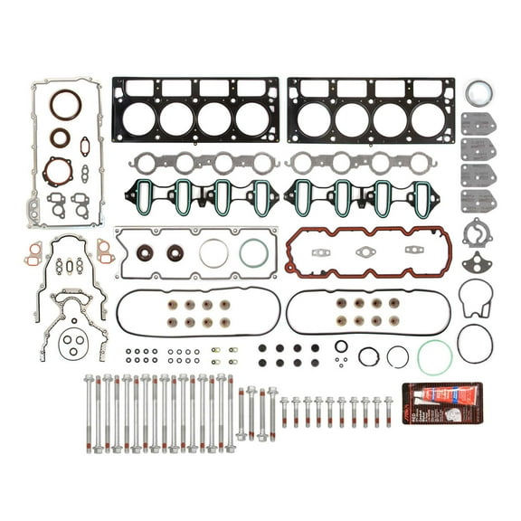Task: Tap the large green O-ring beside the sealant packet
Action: coord(435,357)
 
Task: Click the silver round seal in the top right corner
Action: coord(479,93)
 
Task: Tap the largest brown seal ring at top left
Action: coord(65,105)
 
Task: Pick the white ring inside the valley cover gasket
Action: coord(213,252)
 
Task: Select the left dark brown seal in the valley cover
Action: coord(145,252)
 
